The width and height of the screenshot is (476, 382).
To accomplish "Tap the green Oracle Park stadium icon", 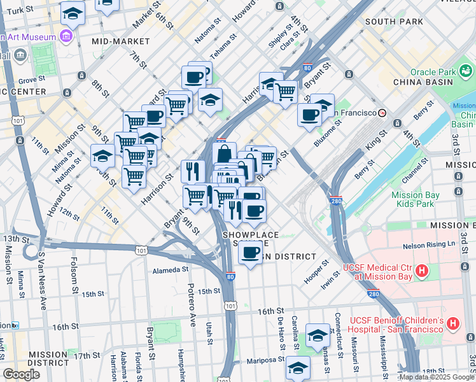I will point(467,69).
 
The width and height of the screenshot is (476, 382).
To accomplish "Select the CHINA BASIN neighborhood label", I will point(423,82).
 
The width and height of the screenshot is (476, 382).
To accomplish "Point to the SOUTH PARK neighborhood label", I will point(394,22).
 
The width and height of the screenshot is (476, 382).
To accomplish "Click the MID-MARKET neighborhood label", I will point(120,41).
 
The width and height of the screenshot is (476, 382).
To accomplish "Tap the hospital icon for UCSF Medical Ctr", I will point(421,272).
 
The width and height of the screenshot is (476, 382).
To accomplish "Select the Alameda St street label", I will point(167,271).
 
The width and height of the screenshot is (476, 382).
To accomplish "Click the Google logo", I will point(21,374).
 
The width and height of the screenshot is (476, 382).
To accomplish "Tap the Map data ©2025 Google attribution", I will point(437,377).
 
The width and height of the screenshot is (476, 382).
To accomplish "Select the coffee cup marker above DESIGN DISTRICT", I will point(250,253).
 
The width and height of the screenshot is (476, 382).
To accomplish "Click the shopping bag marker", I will point(225,154).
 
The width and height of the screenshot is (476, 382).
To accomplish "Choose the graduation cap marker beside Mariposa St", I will point(298,367).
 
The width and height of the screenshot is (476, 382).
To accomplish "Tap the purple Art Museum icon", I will point(65,36).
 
